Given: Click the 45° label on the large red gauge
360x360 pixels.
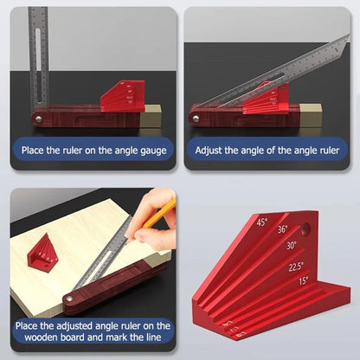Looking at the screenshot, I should pyautogui.click(x=261, y=222).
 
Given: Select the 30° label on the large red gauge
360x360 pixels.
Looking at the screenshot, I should pyautogui.click(x=292, y=245).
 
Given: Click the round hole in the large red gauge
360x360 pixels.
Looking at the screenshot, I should pyautogui.click(x=305, y=231).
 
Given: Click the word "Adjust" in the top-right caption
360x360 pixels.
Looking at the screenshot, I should pyautogui.click(x=213, y=150).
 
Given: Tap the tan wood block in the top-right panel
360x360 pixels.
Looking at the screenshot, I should pyautogui.click(x=310, y=113).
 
